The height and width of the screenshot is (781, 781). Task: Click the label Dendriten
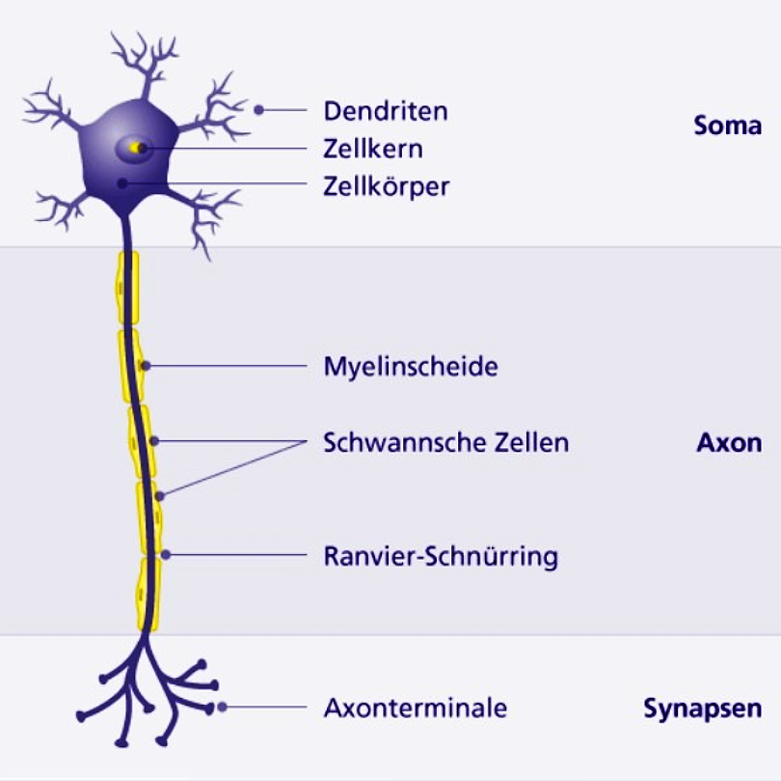[386, 111]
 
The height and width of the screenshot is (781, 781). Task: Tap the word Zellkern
[373, 149]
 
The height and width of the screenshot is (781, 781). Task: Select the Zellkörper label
[386, 187]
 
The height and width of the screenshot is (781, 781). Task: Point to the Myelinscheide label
[411, 367]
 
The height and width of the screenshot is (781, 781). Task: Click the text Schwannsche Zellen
[445, 442]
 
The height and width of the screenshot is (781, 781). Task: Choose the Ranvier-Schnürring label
[441, 556]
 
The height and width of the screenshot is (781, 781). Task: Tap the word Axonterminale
[416, 708]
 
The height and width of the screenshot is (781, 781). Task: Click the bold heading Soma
[728, 126]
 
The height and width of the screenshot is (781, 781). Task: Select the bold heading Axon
[729, 442]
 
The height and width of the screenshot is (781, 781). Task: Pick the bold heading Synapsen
[702, 709]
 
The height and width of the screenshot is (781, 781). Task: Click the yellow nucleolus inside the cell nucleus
[135, 148]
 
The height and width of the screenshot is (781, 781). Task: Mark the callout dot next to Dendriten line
[258, 110]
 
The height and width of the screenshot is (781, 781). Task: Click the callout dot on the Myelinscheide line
[146, 366]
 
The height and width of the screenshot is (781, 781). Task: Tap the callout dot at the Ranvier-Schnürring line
[166, 554]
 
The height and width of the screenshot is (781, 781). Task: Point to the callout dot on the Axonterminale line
[222, 707]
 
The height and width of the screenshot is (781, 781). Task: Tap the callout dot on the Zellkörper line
[122, 183]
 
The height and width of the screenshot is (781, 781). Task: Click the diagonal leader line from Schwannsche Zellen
[232, 469]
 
